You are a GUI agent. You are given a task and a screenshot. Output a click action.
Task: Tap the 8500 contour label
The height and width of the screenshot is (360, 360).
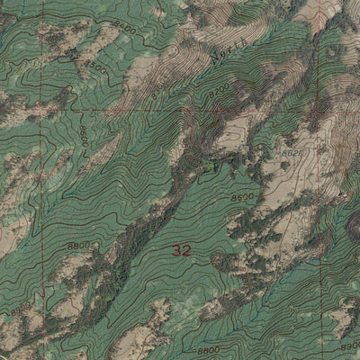95,68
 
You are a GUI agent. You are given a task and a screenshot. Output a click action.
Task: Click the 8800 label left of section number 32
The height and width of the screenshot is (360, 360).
79,244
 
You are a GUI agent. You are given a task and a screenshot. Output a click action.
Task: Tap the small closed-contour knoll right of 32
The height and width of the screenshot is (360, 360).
219,261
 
